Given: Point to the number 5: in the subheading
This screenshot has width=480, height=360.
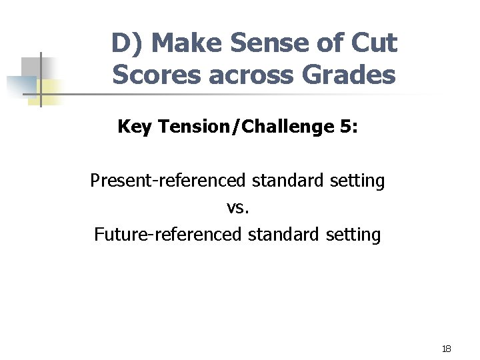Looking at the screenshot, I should pos(348,126).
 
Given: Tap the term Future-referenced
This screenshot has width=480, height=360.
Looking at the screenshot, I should pos(167,235).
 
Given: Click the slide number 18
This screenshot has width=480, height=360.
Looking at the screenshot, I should pos(446,349).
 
